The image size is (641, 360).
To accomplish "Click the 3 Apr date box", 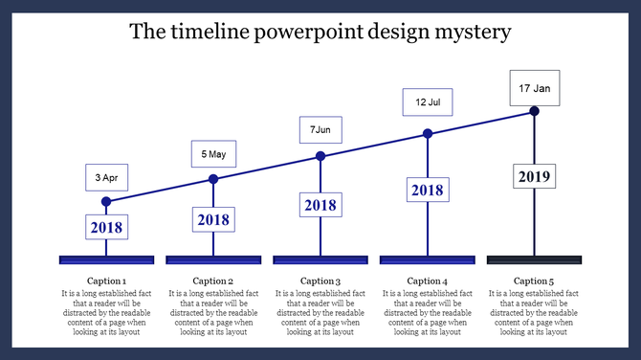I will tap(106, 178).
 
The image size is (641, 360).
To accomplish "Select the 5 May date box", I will tap(213, 154).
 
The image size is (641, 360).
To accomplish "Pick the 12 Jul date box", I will tap(427, 102).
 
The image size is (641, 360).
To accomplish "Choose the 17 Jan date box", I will tap(534, 88).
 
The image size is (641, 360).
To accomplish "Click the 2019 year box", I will tap(534, 177).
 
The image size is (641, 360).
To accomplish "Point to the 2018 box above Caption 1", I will tap(106, 228).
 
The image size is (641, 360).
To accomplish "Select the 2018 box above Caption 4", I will tap(427, 191).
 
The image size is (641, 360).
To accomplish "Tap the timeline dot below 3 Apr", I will tap(106, 202).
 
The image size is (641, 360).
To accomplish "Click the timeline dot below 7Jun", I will tap(320, 156).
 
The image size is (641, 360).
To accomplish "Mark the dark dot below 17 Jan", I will tap(534, 112).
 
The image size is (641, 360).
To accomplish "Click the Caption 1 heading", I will tap(106, 281).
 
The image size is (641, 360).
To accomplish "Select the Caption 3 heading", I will tap(320, 281).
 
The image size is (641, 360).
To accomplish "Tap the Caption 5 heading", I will tap(534, 281).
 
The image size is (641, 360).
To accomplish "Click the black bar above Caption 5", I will tap(534, 259).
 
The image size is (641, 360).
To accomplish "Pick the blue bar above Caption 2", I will tap(213, 259).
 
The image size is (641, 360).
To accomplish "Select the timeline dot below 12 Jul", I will tap(428, 134).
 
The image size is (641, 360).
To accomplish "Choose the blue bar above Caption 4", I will tap(427, 259).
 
